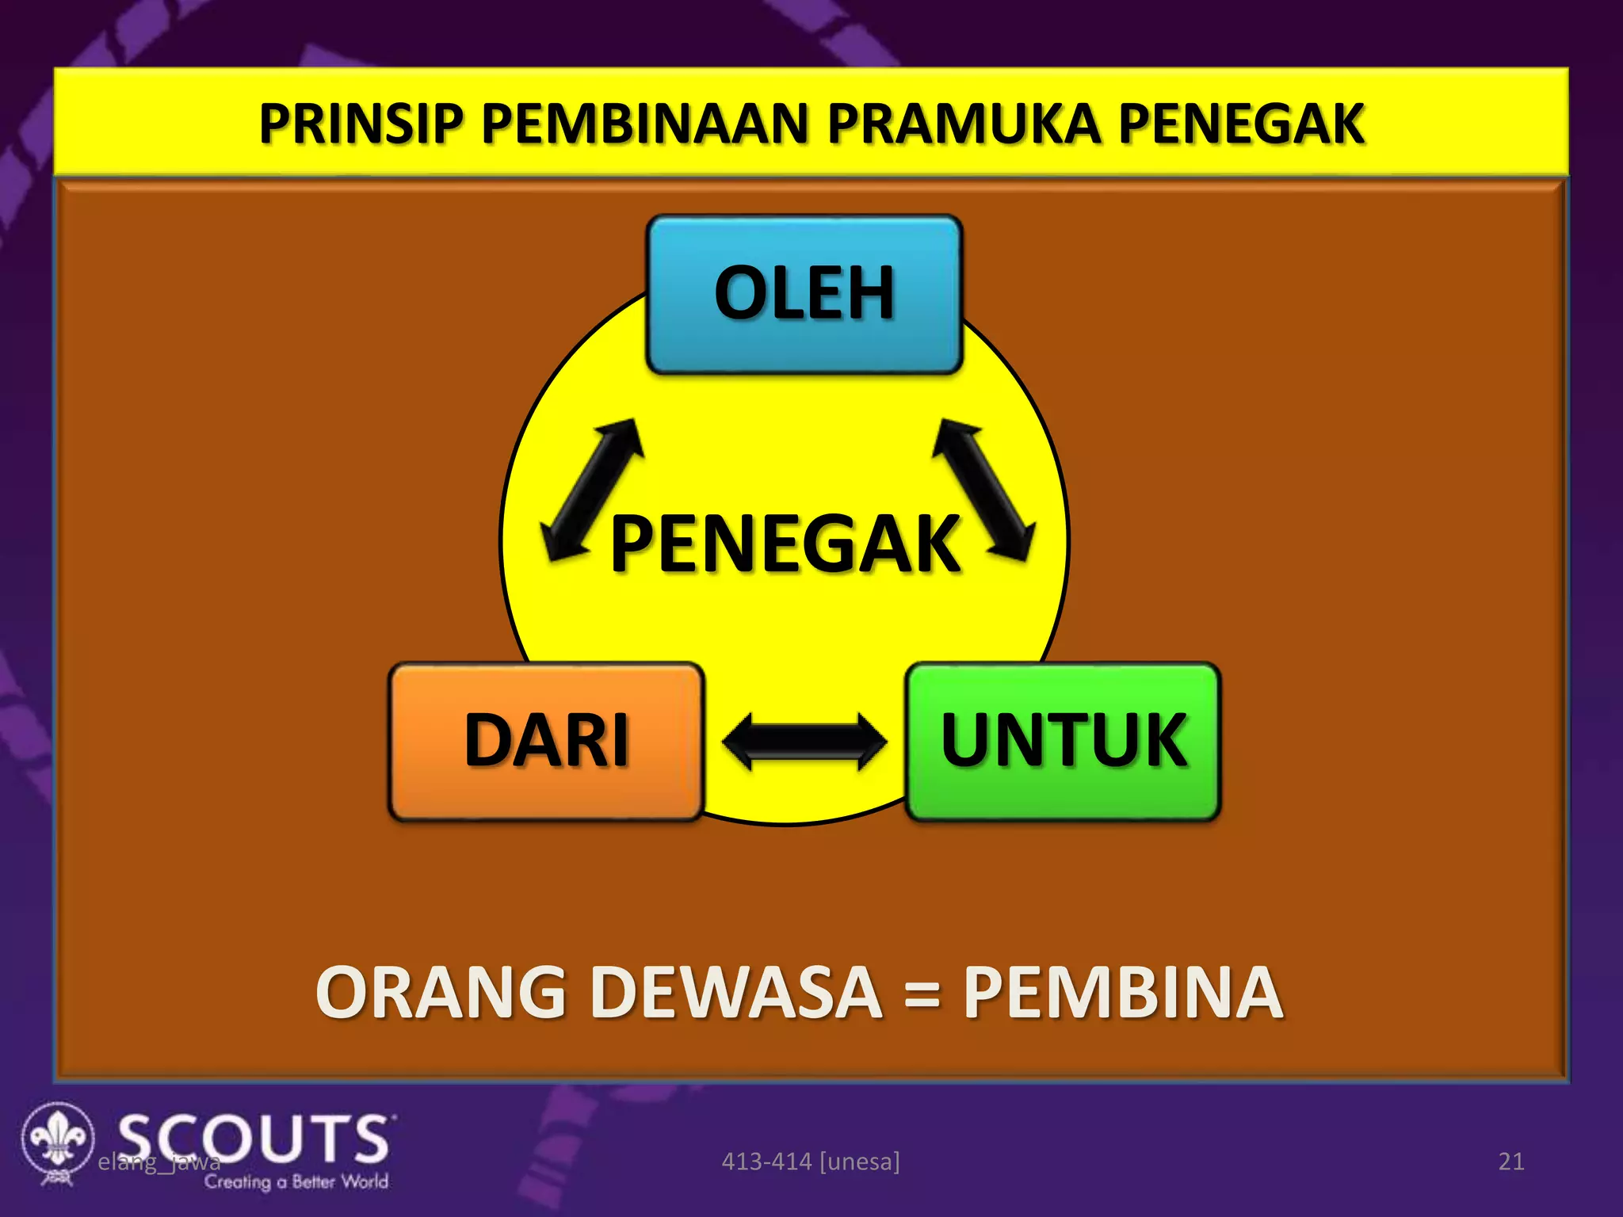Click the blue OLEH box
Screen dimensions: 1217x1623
click(804, 294)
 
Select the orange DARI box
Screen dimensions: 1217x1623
click(546, 741)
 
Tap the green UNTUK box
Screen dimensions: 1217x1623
click(1063, 741)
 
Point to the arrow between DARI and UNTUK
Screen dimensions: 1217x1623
click(804, 741)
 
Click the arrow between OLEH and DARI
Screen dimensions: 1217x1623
click(592, 490)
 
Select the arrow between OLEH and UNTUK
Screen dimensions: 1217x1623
click(983, 490)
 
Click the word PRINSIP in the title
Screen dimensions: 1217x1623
click(361, 124)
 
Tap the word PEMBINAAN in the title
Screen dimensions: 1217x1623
click(643, 124)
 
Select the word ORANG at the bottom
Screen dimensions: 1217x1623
click(440, 992)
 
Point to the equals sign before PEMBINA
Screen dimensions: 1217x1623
click(922, 994)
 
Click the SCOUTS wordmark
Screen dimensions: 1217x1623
click(254, 1138)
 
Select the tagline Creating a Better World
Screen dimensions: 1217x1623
click(296, 1181)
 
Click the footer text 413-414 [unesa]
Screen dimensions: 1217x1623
click(810, 1162)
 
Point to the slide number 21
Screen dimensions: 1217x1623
click(1510, 1162)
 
